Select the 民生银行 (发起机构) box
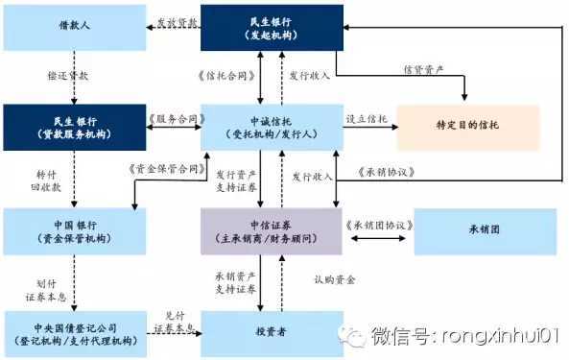[x=271, y=26]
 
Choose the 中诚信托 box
[x=271, y=127]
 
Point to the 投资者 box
[x=271, y=332]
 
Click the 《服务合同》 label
[x=173, y=121]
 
